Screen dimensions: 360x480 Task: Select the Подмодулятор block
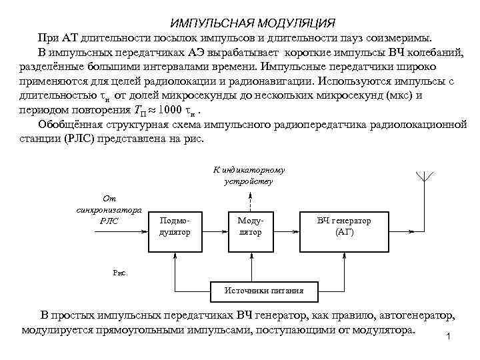coord(175,227)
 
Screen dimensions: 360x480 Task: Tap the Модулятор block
coord(251,227)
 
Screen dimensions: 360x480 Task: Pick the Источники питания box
coord(264,291)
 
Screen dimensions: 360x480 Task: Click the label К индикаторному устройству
coord(249,175)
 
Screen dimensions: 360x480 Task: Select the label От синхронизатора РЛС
coord(109,209)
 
